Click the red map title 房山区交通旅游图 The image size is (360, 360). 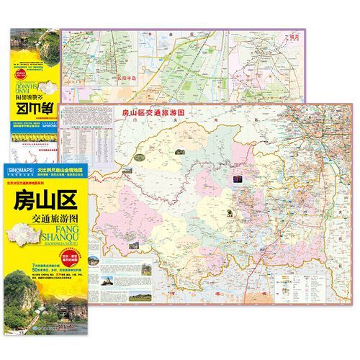pyautogui.click(x=156, y=113)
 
